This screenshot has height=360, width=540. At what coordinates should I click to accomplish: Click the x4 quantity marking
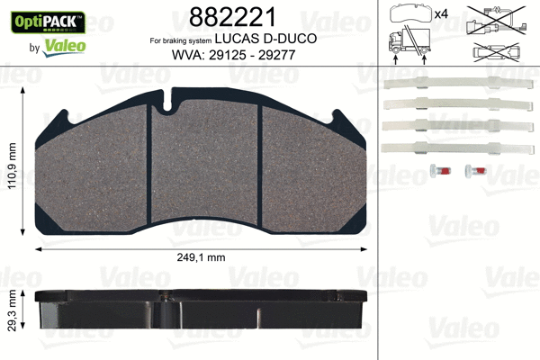[x=441, y=13]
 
